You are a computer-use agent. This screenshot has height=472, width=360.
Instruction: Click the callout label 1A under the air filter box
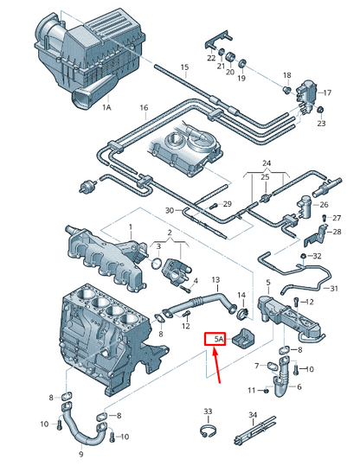coord(106,107)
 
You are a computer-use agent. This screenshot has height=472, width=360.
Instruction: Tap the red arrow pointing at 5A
coord(216,365)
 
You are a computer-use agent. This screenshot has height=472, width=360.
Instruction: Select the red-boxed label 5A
coord(215,339)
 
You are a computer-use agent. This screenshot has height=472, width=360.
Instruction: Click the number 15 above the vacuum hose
coord(184,67)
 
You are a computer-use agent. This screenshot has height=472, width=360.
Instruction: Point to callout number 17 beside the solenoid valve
coord(327,92)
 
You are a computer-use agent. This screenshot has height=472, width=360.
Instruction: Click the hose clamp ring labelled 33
coord(209,432)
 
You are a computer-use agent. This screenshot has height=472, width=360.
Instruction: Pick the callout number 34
coord(253,415)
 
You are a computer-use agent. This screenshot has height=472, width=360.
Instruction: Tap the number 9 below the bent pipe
coord(80,455)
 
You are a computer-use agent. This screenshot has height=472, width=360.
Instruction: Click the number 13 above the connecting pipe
coord(215,280)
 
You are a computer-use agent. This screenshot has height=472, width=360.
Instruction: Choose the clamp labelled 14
coord(242,313)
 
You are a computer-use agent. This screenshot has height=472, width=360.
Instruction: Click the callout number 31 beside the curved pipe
coord(334,289)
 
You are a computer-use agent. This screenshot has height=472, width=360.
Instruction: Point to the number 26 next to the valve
coord(324,205)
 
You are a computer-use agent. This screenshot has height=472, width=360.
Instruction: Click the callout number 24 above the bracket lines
coord(267,163)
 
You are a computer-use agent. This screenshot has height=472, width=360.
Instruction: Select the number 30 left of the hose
coord(170,210)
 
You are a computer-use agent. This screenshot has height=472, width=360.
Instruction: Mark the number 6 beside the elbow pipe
coord(299,386)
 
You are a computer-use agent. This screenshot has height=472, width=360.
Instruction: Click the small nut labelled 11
coord(266,391)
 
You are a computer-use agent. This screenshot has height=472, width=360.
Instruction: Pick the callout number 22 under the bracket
coord(211,58)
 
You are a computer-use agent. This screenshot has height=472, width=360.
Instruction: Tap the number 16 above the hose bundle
coord(144,107)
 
